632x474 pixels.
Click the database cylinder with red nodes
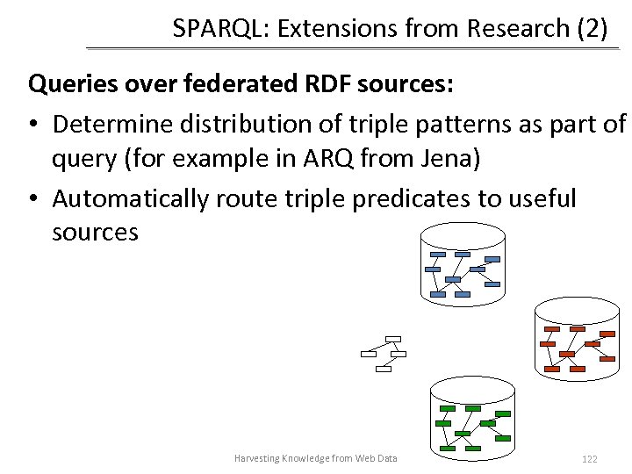point(578,338)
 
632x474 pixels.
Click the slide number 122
point(589,459)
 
